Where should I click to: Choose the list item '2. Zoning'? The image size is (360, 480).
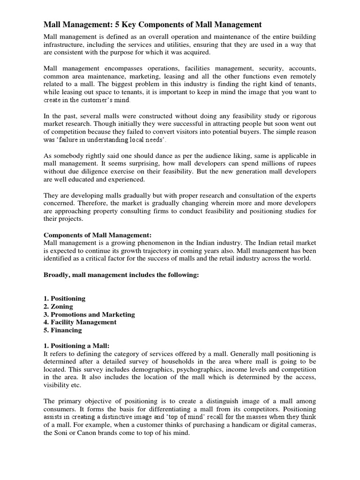(x=58, y=307)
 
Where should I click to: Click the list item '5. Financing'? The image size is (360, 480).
(x=62, y=330)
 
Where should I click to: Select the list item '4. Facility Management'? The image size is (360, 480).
(x=80, y=322)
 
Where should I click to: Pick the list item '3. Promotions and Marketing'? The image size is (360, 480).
(x=89, y=314)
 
